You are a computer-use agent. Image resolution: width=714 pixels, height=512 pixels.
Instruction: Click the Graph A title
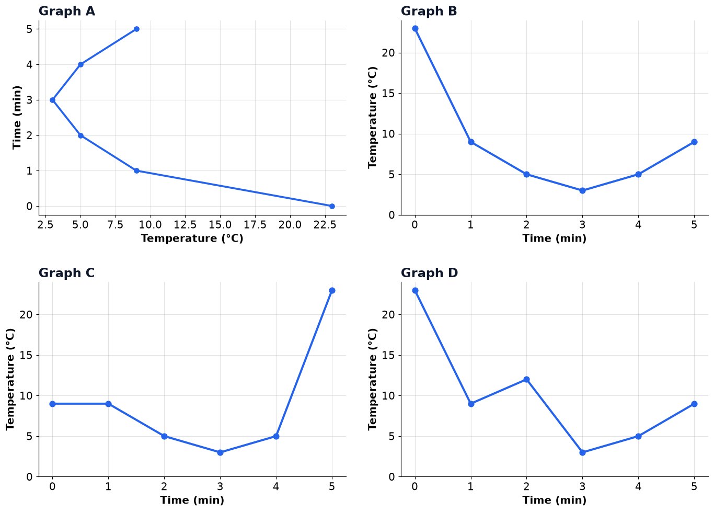point(66,11)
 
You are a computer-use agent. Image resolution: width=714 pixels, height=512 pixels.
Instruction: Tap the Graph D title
point(429,273)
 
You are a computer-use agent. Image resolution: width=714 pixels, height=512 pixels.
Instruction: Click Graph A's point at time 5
point(136,29)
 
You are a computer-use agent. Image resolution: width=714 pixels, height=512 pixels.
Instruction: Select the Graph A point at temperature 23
point(332,207)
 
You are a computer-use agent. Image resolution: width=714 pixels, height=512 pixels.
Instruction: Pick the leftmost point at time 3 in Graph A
point(53,100)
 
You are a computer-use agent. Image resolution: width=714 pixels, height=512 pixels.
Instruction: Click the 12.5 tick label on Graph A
point(185,225)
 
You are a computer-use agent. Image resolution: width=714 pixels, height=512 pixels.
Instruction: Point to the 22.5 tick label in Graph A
point(325,225)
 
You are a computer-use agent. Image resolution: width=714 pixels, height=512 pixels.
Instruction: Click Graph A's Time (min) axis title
point(17,118)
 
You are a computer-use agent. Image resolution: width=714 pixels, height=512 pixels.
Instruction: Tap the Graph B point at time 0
point(415,29)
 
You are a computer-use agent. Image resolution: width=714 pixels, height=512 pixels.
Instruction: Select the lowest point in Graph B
point(582,191)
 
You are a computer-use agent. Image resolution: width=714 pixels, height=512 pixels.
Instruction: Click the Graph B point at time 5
point(694,142)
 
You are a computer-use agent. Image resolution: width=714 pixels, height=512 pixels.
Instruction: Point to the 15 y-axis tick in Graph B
point(388,94)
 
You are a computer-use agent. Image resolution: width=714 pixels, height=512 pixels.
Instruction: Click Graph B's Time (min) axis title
point(554,238)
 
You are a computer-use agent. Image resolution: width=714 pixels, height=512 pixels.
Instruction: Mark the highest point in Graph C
point(332,291)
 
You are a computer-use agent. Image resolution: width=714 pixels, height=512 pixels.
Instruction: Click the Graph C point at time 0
point(53,404)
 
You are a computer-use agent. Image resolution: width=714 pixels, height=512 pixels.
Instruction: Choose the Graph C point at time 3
point(220,453)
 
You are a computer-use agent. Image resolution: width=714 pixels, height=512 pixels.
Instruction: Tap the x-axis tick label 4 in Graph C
point(276,486)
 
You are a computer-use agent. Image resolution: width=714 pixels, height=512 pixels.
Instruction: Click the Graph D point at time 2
point(526,380)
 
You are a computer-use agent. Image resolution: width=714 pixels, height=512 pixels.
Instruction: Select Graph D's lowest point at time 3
point(582,453)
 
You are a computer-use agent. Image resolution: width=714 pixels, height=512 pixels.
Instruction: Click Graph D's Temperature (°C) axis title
point(372,380)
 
